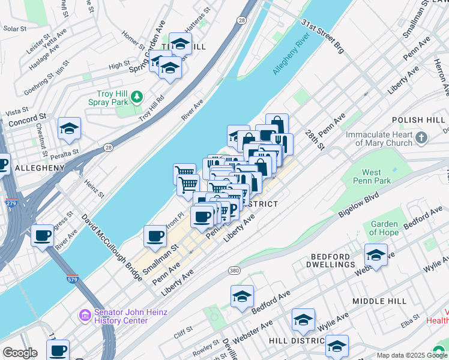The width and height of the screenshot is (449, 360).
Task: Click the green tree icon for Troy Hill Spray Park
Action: pos(137,96)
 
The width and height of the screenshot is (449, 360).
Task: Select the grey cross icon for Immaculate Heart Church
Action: pos(421,138)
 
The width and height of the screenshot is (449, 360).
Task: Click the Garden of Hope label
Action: pos(384,228)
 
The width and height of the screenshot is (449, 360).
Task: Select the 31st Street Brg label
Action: pos(322,35)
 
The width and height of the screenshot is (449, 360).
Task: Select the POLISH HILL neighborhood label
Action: pos(419,121)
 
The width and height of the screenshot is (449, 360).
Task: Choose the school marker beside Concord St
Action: pos(70,128)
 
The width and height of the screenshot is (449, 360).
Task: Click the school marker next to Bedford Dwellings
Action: pos(376,254)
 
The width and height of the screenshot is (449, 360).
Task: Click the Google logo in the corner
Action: pos(20,353)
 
